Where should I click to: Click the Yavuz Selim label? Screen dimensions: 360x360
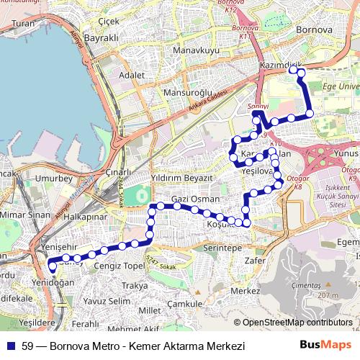pos(107,300)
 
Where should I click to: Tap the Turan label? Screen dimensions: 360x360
pos(23,23)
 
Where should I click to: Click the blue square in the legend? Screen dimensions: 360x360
pos(10,346)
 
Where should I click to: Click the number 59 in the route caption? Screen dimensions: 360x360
pos(27,346)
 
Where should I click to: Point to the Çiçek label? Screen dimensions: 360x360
pos(109,21)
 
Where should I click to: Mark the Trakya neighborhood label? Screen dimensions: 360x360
pos(135,286)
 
